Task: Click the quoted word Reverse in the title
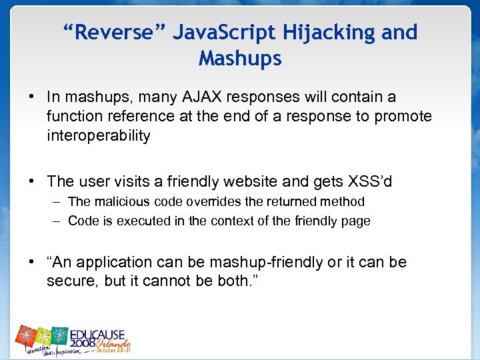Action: (113, 32)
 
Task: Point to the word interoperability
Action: (98, 136)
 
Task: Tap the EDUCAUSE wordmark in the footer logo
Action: (100, 332)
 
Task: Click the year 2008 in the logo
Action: (83, 345)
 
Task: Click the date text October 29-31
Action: (114, 349)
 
